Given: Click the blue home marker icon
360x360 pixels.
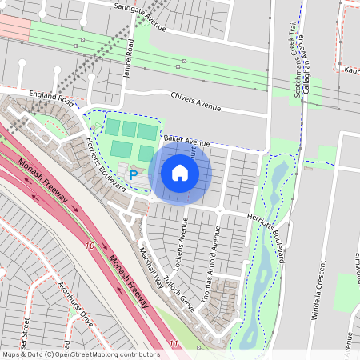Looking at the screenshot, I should tap(179, 172).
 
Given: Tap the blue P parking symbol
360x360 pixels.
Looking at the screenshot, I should tap(134, 174).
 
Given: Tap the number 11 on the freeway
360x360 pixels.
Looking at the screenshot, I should tap(174, 343).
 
